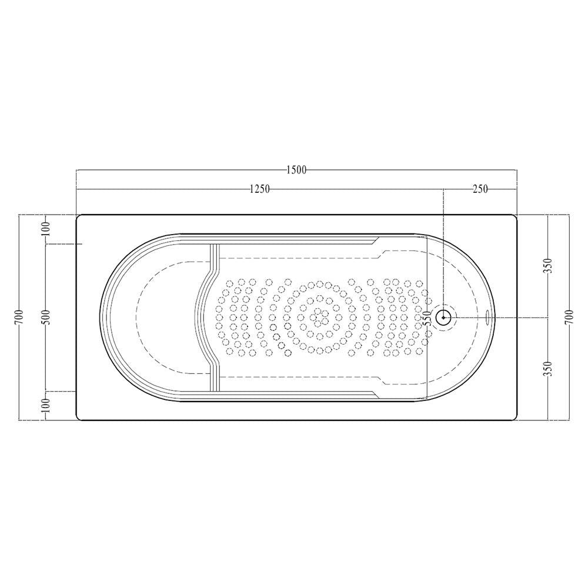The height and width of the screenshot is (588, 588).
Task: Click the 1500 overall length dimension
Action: [x=296, y=170]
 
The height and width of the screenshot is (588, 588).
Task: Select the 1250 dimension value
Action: [x=259, y=189]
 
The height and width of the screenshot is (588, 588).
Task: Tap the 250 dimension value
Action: [x=480, y=189]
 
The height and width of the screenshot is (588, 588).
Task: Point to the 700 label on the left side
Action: [x=21, y=318]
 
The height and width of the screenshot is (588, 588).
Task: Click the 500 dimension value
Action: [x=46, y=318]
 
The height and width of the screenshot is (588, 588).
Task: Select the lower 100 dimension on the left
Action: [x=46, y=405]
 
